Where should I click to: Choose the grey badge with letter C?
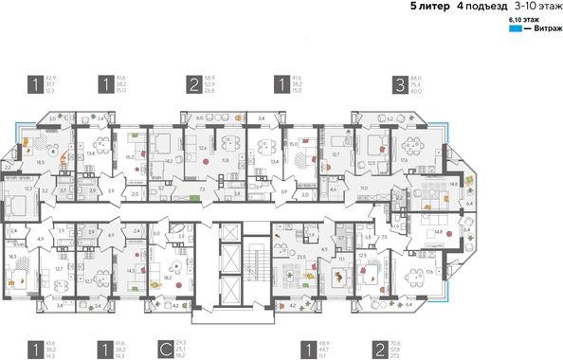(166, 350)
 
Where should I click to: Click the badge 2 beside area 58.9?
(192, 84)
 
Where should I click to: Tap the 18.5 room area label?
(40, 163)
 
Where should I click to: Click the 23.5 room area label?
(300, 256)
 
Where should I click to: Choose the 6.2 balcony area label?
(390, 118)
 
